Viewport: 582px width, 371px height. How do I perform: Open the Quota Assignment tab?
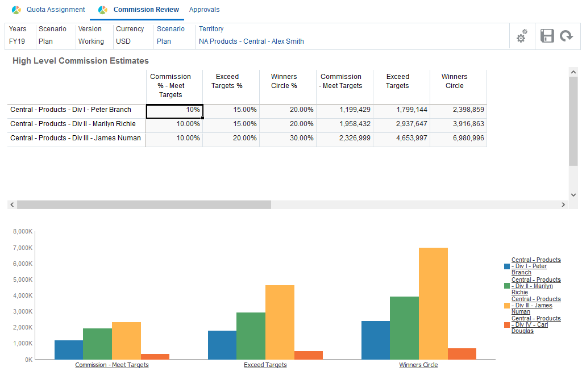coord(55,10)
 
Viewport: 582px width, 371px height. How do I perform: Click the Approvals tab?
coord(204,10)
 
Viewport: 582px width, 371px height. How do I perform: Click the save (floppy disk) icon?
coord(547,36)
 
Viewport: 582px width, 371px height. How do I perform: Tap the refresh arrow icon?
coord(566,36)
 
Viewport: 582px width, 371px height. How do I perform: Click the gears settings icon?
coord(521,36)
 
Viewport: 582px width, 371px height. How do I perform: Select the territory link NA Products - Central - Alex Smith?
coord(251,41)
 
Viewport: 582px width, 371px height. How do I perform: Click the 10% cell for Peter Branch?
coord(174,110)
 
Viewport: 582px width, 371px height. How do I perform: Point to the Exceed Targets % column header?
coord(227,81)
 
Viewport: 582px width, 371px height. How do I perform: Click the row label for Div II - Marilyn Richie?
coord(73,124)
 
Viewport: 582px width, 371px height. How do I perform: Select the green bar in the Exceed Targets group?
coord(251,336)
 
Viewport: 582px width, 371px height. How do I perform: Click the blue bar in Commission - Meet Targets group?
coord(69,349)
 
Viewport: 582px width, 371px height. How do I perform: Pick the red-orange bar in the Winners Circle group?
coord(462,353)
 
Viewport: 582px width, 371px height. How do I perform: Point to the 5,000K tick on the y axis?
coord(23,280)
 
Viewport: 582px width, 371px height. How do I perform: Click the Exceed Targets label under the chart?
coord(265,365)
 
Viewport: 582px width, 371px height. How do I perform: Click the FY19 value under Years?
coord(17,41)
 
